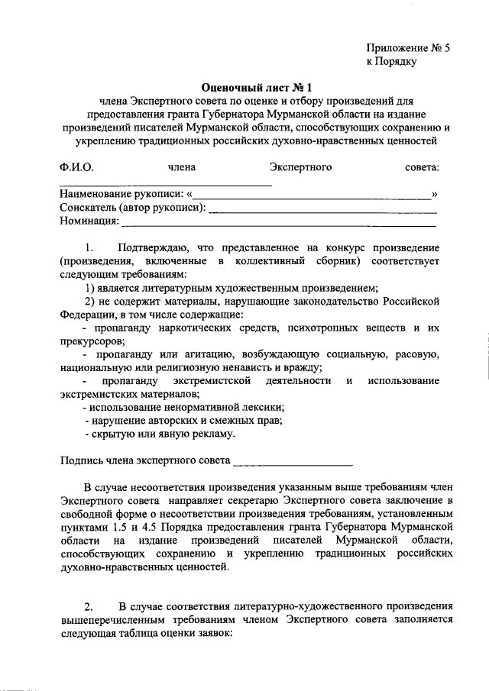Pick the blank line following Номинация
coord(279,224)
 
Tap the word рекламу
coord(215,434)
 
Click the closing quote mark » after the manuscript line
coord(435,195)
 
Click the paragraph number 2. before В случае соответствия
coord(89,607)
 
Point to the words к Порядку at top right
coord(390,62)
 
